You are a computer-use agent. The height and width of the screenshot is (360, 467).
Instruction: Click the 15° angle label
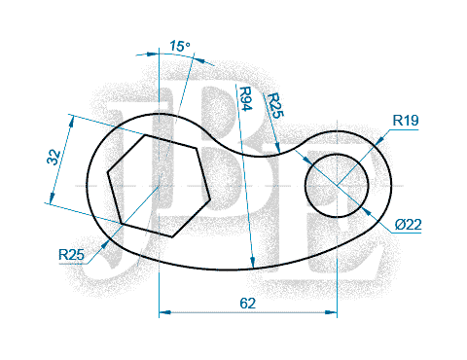(178, 46)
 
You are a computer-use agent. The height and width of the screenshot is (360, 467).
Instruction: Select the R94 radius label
(245, 101)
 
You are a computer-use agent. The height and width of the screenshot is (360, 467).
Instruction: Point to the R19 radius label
(406, 121)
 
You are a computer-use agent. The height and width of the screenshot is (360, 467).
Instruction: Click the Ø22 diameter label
(409, 225)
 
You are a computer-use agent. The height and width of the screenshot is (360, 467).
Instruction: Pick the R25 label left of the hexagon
(71, 255)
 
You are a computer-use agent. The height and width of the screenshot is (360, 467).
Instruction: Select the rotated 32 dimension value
(54, 157)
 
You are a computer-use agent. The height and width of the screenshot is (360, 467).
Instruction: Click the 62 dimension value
(248, 303)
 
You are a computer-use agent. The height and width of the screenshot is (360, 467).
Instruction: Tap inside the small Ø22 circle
(337, 185)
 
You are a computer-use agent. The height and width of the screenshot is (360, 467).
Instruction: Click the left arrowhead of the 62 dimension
(163, 312)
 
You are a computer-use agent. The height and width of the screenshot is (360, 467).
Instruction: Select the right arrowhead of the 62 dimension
(332, 312)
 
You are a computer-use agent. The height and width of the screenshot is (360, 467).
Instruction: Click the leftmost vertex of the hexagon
(107, 171)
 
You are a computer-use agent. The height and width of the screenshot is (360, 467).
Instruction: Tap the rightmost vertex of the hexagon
(208, 198)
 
